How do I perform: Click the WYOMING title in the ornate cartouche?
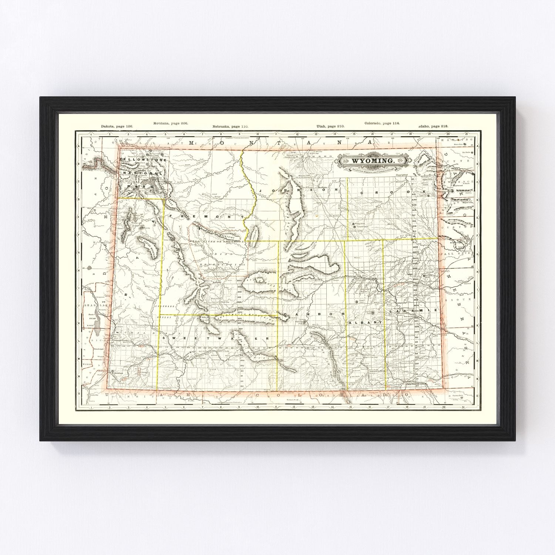[x=372, y=161]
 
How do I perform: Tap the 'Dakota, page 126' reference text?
[x=117, y=126]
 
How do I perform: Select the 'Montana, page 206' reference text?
[x=171, y=123]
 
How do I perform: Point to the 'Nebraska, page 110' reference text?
[x=230, y=126]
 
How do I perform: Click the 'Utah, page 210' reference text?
[x=330, y=126]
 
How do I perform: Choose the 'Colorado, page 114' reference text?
[x=382, y=123]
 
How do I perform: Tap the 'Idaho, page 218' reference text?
[x=434, y=126]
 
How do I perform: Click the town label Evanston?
[x=119, y=374]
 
